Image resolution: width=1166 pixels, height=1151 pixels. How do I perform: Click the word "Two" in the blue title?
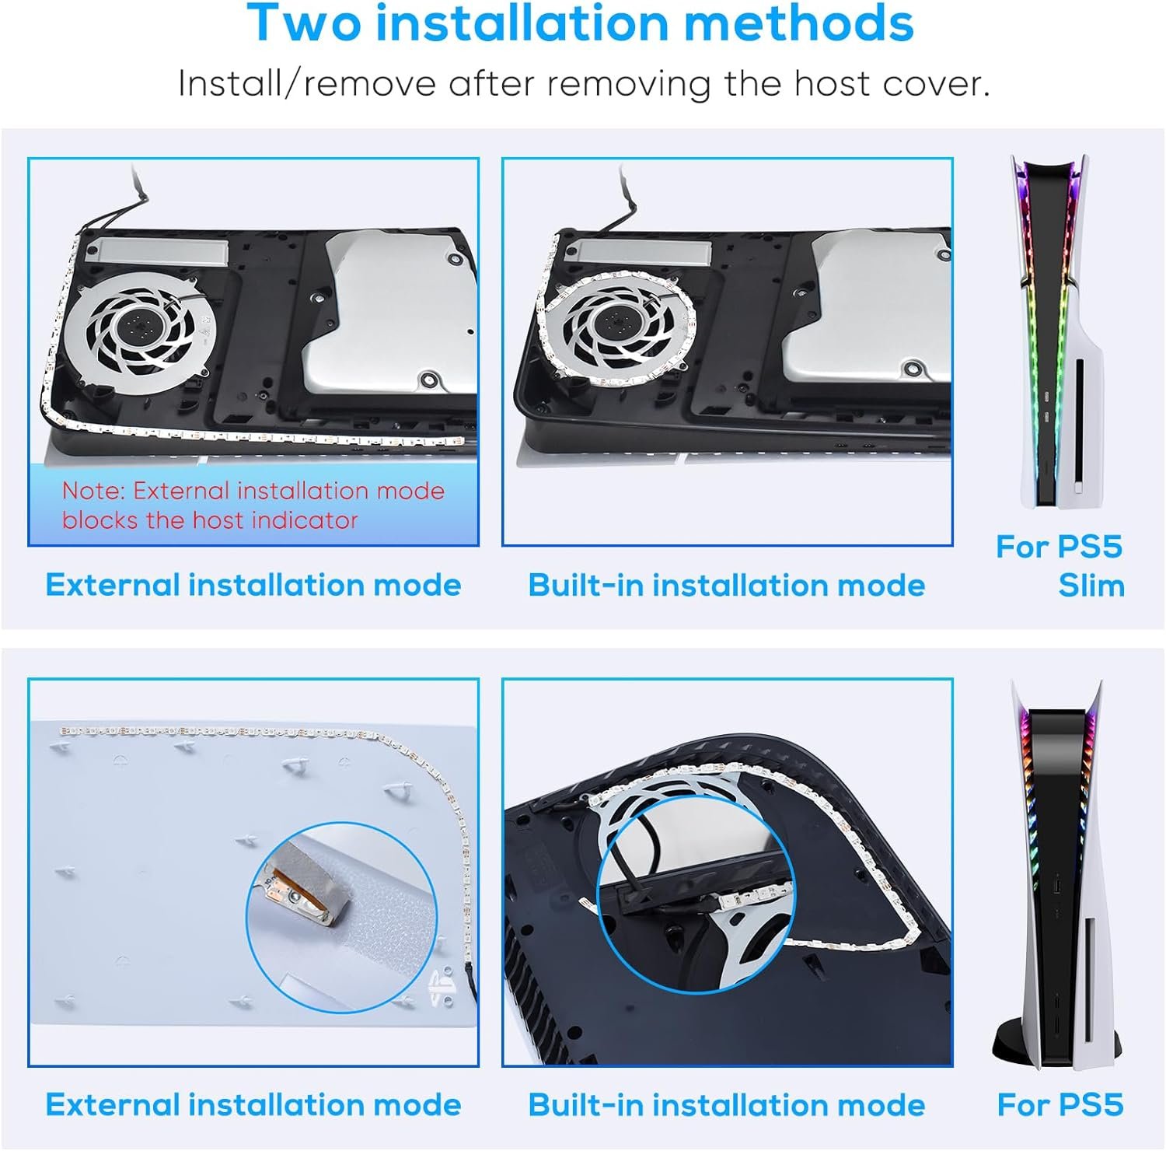pos(305,23)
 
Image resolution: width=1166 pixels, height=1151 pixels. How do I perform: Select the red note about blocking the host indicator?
pos(253,505)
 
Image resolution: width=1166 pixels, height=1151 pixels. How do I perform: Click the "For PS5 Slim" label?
pos(1060,565)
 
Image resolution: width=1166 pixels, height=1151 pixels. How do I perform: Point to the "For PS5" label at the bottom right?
pos(1060,1104)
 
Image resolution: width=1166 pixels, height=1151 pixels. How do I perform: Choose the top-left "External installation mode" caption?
pos(253,585)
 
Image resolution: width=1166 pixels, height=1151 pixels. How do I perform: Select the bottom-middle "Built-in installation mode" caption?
pos(727,1105)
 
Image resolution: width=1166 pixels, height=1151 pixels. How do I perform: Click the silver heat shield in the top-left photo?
pos(389,318)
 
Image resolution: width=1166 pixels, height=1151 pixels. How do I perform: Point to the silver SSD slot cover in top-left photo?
pos(158,249)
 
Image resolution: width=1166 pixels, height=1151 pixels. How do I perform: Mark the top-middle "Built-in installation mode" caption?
pos(727,585)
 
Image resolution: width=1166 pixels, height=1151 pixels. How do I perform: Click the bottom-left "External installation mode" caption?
pos(253,1105)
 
